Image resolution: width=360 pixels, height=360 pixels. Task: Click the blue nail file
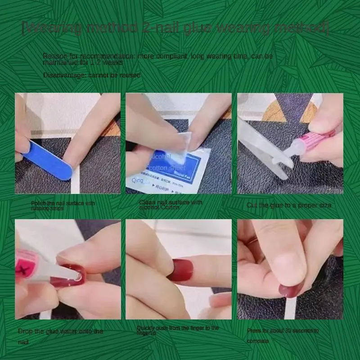coord(48,159)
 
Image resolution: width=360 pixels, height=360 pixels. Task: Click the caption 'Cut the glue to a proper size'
coord(288,205)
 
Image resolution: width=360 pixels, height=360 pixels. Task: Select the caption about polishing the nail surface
coord(63,206)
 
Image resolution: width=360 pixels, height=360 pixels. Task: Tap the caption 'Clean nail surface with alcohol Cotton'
coord(171,205)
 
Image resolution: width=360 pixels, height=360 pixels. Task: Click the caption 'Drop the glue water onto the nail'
coord(60,336)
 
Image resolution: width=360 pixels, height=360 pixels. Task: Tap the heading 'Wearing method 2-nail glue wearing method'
coord(175,28)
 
